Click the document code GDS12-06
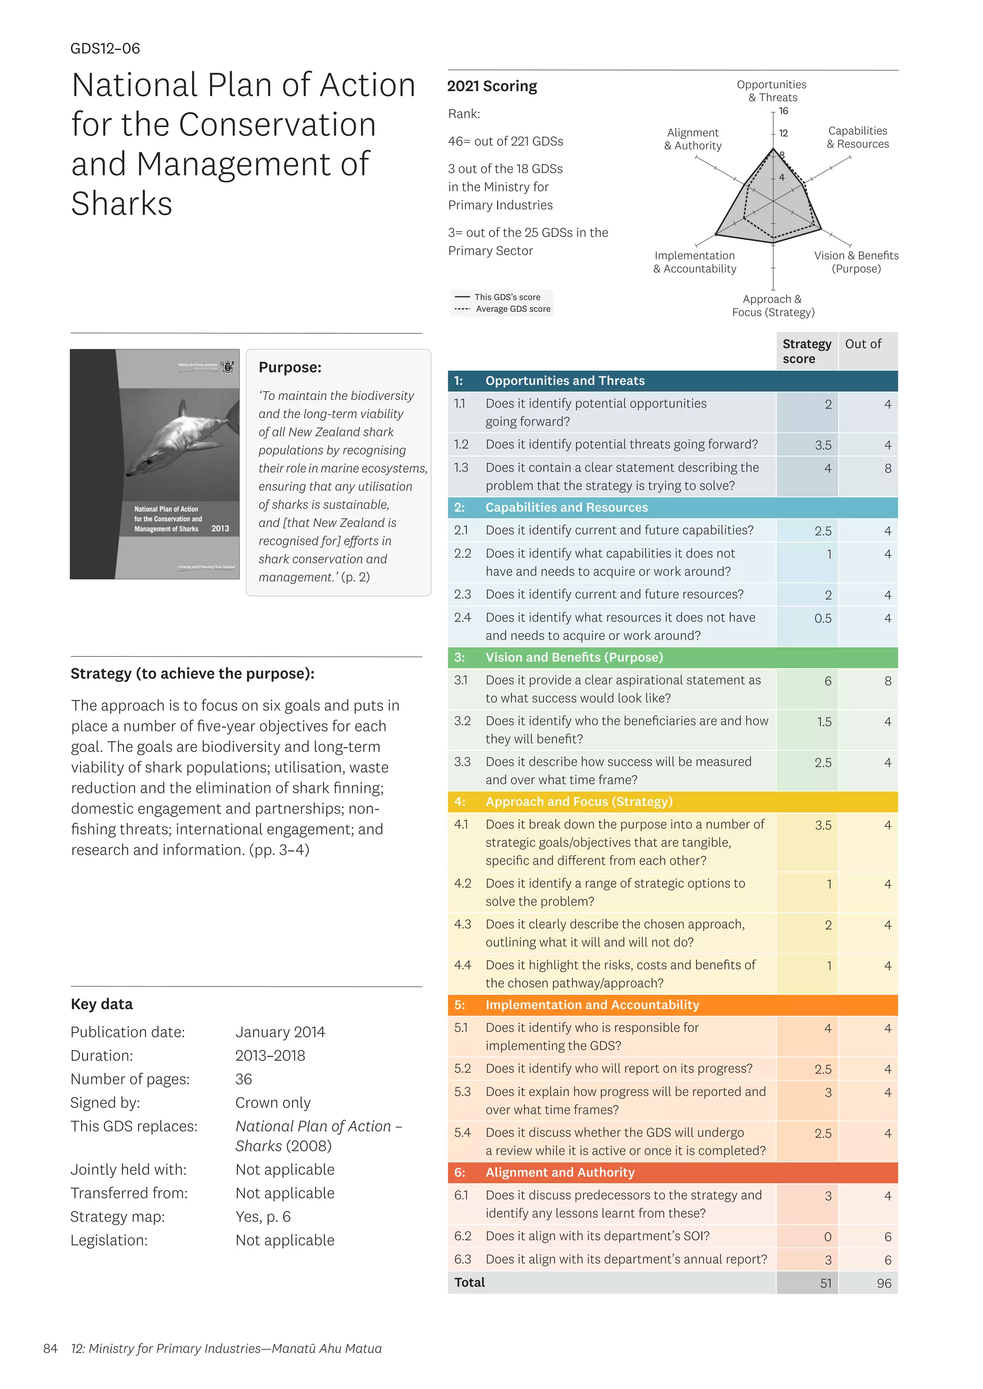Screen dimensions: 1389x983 (x=105, y=48)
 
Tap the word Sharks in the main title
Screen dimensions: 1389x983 (x=121, y=203)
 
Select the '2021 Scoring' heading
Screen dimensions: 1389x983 (x=491, y=86)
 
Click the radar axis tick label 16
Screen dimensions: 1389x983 (x=783, y=111)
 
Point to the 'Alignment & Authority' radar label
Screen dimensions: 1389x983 (x=693, y=139)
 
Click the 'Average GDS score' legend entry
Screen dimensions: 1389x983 (x=513, y=309)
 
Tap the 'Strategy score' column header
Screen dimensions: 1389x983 (x=806, y=351)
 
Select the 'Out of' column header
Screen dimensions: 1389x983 (x=863, y=344)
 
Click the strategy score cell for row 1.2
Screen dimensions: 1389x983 (x=823, y=445)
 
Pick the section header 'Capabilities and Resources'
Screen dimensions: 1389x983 (x=566, y=507)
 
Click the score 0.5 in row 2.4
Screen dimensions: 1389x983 (x=823, y=618)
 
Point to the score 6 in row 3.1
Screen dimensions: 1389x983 (x=827, y=681)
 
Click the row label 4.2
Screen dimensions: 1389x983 (x=462, y=883)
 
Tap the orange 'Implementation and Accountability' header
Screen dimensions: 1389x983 (x=591, y=1005)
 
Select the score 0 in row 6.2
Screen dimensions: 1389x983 (x=827, y=1237)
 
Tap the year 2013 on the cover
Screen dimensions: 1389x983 (x=220, y=529)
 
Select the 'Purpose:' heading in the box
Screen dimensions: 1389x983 (x=289, y=367)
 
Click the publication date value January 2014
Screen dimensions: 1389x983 (x=280, y=1032)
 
